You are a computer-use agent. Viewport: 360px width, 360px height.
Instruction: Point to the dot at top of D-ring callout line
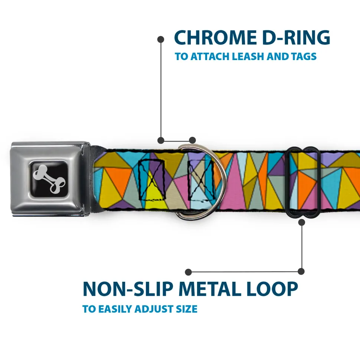(x=161, y=39)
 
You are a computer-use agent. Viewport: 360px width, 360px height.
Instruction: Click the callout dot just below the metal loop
(x=301, y=222)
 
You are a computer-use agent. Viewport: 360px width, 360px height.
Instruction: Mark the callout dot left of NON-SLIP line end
(x=189, y=272)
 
